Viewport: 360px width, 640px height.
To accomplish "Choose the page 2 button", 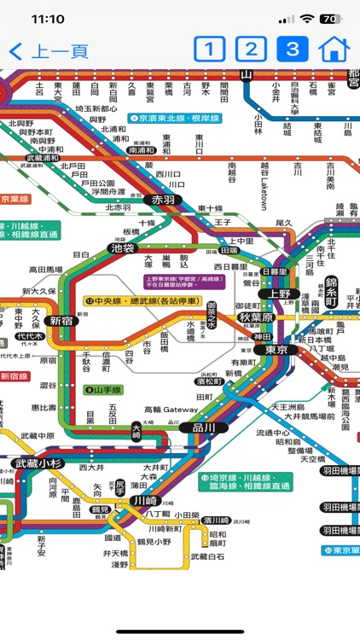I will (x=249, y=49).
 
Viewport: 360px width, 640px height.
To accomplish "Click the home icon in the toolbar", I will (x=334, y=49).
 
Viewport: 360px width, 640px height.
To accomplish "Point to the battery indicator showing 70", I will (x=328, y=18).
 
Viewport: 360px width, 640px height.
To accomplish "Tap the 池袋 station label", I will (x=123, y=248).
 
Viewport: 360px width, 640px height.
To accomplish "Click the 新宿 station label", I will (x=61, y=321).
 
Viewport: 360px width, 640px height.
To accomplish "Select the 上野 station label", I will (x=279, y=294).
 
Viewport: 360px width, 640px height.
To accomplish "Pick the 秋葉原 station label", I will (x=255, y=317).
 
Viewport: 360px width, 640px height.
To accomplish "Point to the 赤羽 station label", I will (x=161, y=200).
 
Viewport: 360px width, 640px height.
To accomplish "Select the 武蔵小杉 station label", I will (x=38, y=463).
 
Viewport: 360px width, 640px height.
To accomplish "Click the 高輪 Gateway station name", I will (x=170, y=410).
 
